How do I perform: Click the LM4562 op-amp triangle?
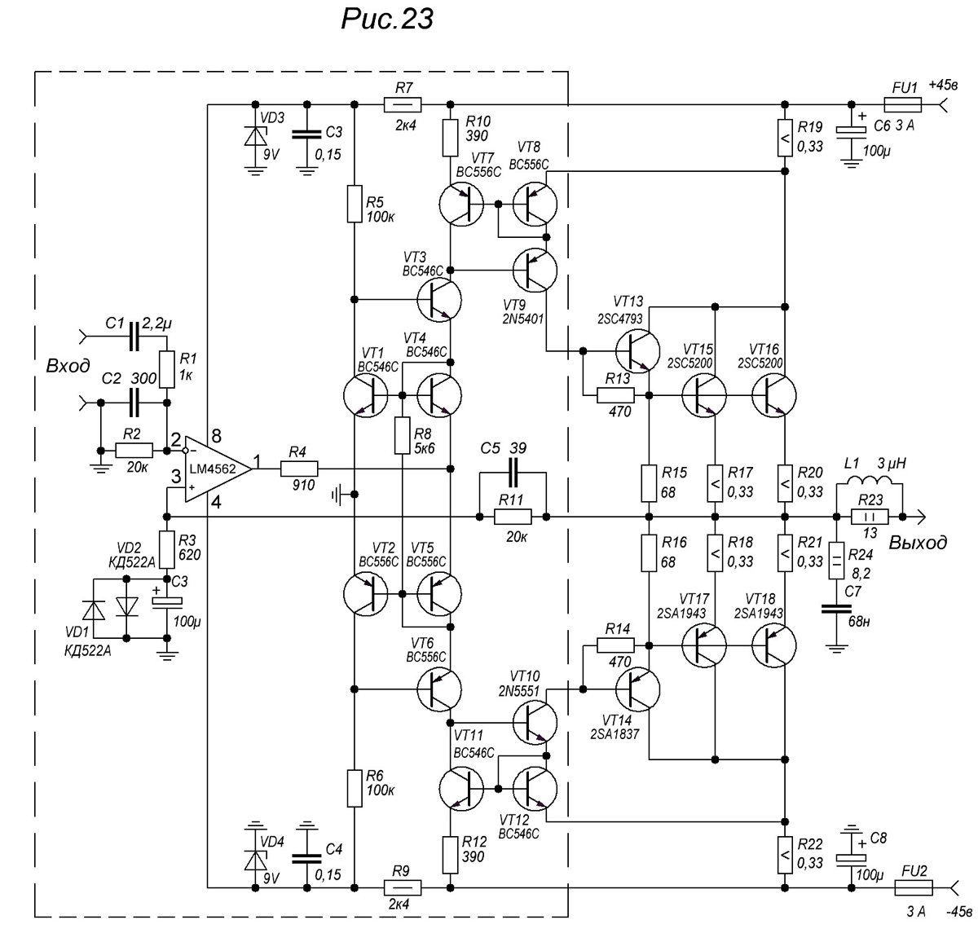pos(215,467)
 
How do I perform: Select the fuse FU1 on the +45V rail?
pos(902,104)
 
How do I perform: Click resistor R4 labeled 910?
pos(299,469)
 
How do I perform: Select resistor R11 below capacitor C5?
pos(513,516)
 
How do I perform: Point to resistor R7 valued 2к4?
pos(403,104)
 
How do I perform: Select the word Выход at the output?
pos(918,543)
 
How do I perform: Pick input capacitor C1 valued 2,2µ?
pos(134,333)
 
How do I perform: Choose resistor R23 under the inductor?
pos(870,516)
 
